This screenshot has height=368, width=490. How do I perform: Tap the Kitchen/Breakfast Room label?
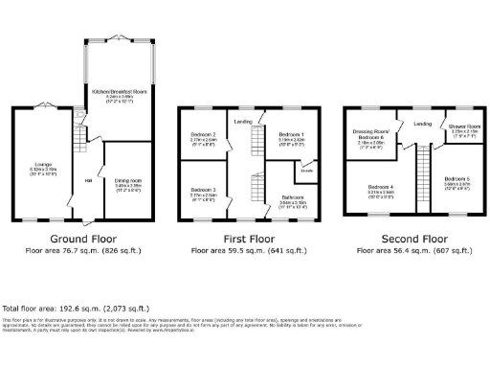(x=119, y=90)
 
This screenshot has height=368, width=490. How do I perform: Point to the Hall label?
(x=87, y=181)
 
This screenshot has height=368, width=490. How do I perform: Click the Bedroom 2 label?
(x=203, y=134)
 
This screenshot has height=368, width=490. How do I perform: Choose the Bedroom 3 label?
(x=203, y=189)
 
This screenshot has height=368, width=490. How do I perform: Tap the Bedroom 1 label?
(x=291, y=134)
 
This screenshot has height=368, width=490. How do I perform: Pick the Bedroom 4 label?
(x=381, y=186)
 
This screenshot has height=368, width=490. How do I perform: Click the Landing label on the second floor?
(x=422, y=124)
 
